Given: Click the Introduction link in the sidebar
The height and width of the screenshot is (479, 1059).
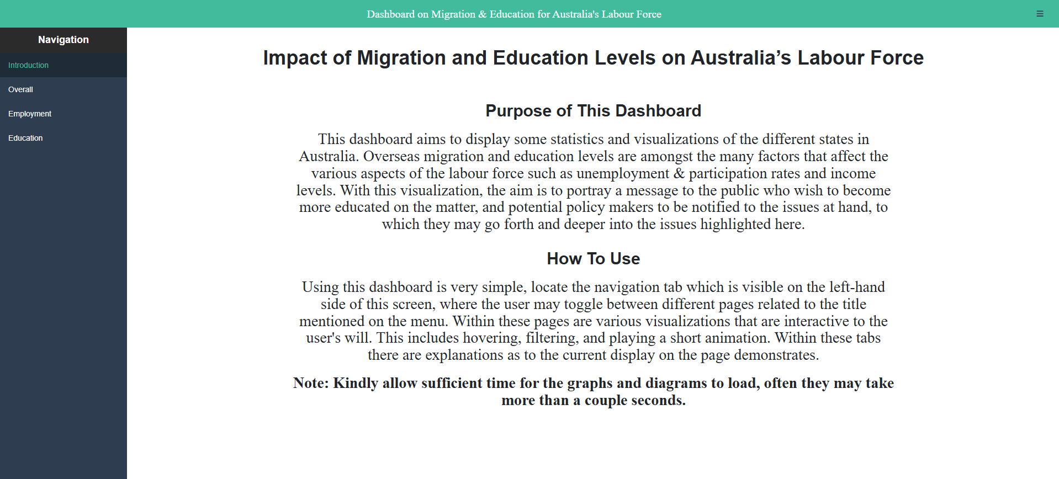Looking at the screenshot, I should pyautogui.click(x=28, y=65).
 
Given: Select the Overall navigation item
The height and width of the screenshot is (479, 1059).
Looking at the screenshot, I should pyautogui.click(x=20, y=89).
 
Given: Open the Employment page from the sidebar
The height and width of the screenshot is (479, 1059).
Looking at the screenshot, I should pyautogui.click(x=30, y=114).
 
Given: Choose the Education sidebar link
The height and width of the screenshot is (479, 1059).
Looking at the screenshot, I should pyautogui.click(x=25, y=138).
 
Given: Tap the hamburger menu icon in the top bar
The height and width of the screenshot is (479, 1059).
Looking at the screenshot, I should pyautogui.click(x=1040, y=14).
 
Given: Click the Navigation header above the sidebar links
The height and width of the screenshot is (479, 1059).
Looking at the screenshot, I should pyautogui.click(x=63, y=40).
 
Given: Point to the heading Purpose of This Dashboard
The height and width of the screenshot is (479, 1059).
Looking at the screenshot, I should pyautogui.click(x=593, y=111).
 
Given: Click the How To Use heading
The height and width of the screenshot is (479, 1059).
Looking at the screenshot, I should pyautogui.click(x=593, y=259).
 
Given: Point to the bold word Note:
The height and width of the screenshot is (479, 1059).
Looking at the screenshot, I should pyautogui.click(x=311, y=384).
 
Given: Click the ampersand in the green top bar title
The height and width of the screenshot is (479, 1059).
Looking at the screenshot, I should pyautogui.click(x=482, y=14).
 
